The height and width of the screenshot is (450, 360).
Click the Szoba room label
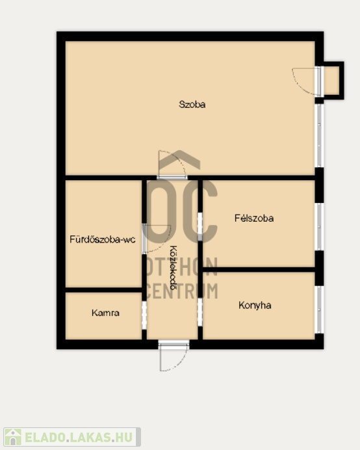pos(192,104)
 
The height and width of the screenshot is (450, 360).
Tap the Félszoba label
pos(254,218)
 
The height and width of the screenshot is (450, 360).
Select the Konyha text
pos(255,305)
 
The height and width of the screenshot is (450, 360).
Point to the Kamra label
pos(105,313)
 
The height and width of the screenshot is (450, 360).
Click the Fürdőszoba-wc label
pos(103,239)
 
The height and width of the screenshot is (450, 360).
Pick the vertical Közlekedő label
pos(174,267)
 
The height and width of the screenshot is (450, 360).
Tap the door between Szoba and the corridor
pos(172,165)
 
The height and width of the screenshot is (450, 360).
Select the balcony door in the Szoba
pos(307,81)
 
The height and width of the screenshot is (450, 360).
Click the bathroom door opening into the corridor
pos(157,239)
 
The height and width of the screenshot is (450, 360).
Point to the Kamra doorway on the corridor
pos(144,315)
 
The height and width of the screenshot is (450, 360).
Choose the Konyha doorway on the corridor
pos(200,312)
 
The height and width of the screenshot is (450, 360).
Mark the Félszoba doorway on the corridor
pos(200,227)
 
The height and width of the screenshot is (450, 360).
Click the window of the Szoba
pos(319,135)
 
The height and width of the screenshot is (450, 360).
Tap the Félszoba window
pos(319,227)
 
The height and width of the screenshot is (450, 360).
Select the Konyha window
pos(319,310)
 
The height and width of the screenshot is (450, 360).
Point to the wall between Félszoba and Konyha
pos(259,269)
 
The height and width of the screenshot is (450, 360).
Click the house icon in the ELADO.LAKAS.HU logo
pos(13,437)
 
